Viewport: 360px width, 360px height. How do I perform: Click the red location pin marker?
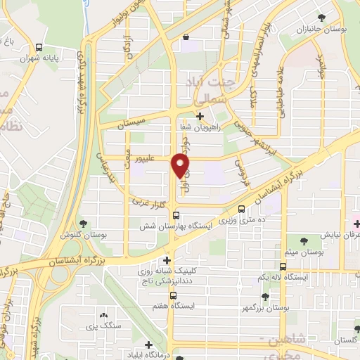pos(181,165)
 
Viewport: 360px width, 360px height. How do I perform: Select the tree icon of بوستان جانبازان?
pos(322,17)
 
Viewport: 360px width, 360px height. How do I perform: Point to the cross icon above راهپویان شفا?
pos(200,116)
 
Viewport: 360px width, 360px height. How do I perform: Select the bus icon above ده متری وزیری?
pos(242,209)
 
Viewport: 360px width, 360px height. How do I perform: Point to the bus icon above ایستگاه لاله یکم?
pos(282,266)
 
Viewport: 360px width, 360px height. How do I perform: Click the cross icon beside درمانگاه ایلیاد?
pos(148,345)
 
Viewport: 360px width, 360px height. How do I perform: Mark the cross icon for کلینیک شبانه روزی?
pos(166,259)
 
